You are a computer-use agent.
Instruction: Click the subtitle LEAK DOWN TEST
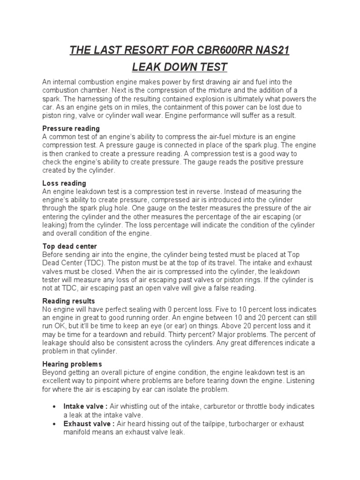(180, 67)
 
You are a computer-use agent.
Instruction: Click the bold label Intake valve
(84, 406)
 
